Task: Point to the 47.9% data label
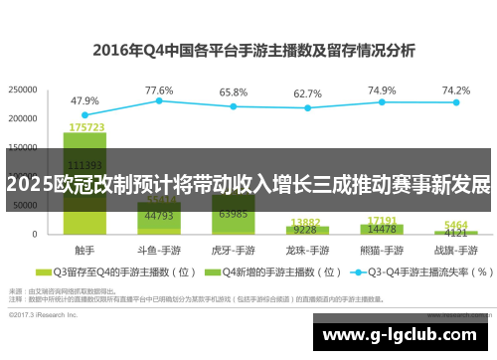(x=84, y=100)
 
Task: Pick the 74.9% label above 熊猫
(x=382, y=90)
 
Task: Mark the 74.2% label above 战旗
(x=456, y=90)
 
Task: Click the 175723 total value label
(x=85, y=127)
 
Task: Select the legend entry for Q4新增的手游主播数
(x=264, y=270)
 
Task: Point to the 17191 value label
(x=382, y=220)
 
